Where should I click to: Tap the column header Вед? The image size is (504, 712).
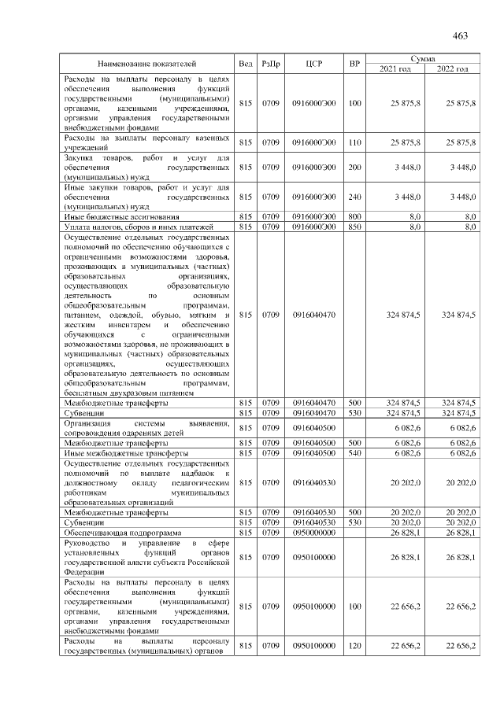pyautogui.click(x=246, y=63)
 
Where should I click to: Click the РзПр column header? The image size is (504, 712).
pyautogui.click(x=271, y=63)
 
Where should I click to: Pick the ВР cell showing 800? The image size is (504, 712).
pyautogui.click(x=354, y=216)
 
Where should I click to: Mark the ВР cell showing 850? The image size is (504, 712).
pyautogui.click(x=354, y=226)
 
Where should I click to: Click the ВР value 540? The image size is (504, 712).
pyautogui.click(x=354, y=454)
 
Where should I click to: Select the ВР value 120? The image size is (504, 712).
pyautogui.click(x=354, y=645)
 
